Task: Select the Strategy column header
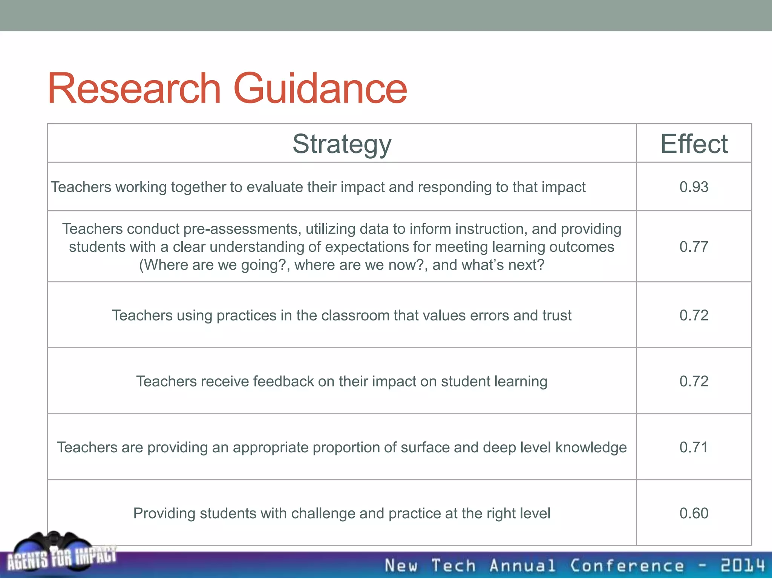tap(342, 144)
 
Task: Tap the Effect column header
tap(694, 144)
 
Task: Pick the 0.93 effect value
tap(694, 187)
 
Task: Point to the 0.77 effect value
tap(694, 247)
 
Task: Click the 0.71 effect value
tap(694, 447)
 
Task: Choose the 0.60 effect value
tap(694, 513)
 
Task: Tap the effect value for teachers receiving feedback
tap(694, 381)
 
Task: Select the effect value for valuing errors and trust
tap(694, 316)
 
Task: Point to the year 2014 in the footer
tap(743, 566)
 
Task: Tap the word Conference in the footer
tap(626, 566)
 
